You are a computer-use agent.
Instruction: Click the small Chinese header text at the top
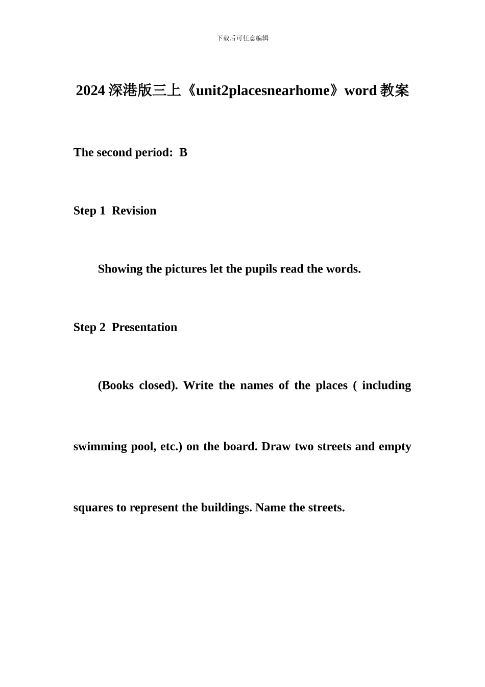coord(243,38)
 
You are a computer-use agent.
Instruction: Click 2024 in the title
coord(90,91)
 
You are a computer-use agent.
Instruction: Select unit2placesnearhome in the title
coord(263,91)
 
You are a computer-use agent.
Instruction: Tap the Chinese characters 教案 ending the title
coord(395,91)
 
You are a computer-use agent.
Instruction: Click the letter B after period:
coord(184,152)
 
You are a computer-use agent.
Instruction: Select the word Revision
coord(134,211)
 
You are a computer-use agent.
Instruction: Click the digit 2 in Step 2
coord(103,327)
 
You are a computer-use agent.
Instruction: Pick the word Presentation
coord(144,327)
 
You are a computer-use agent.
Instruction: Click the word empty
coord(395,447)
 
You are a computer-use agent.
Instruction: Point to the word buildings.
coord(226,508)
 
